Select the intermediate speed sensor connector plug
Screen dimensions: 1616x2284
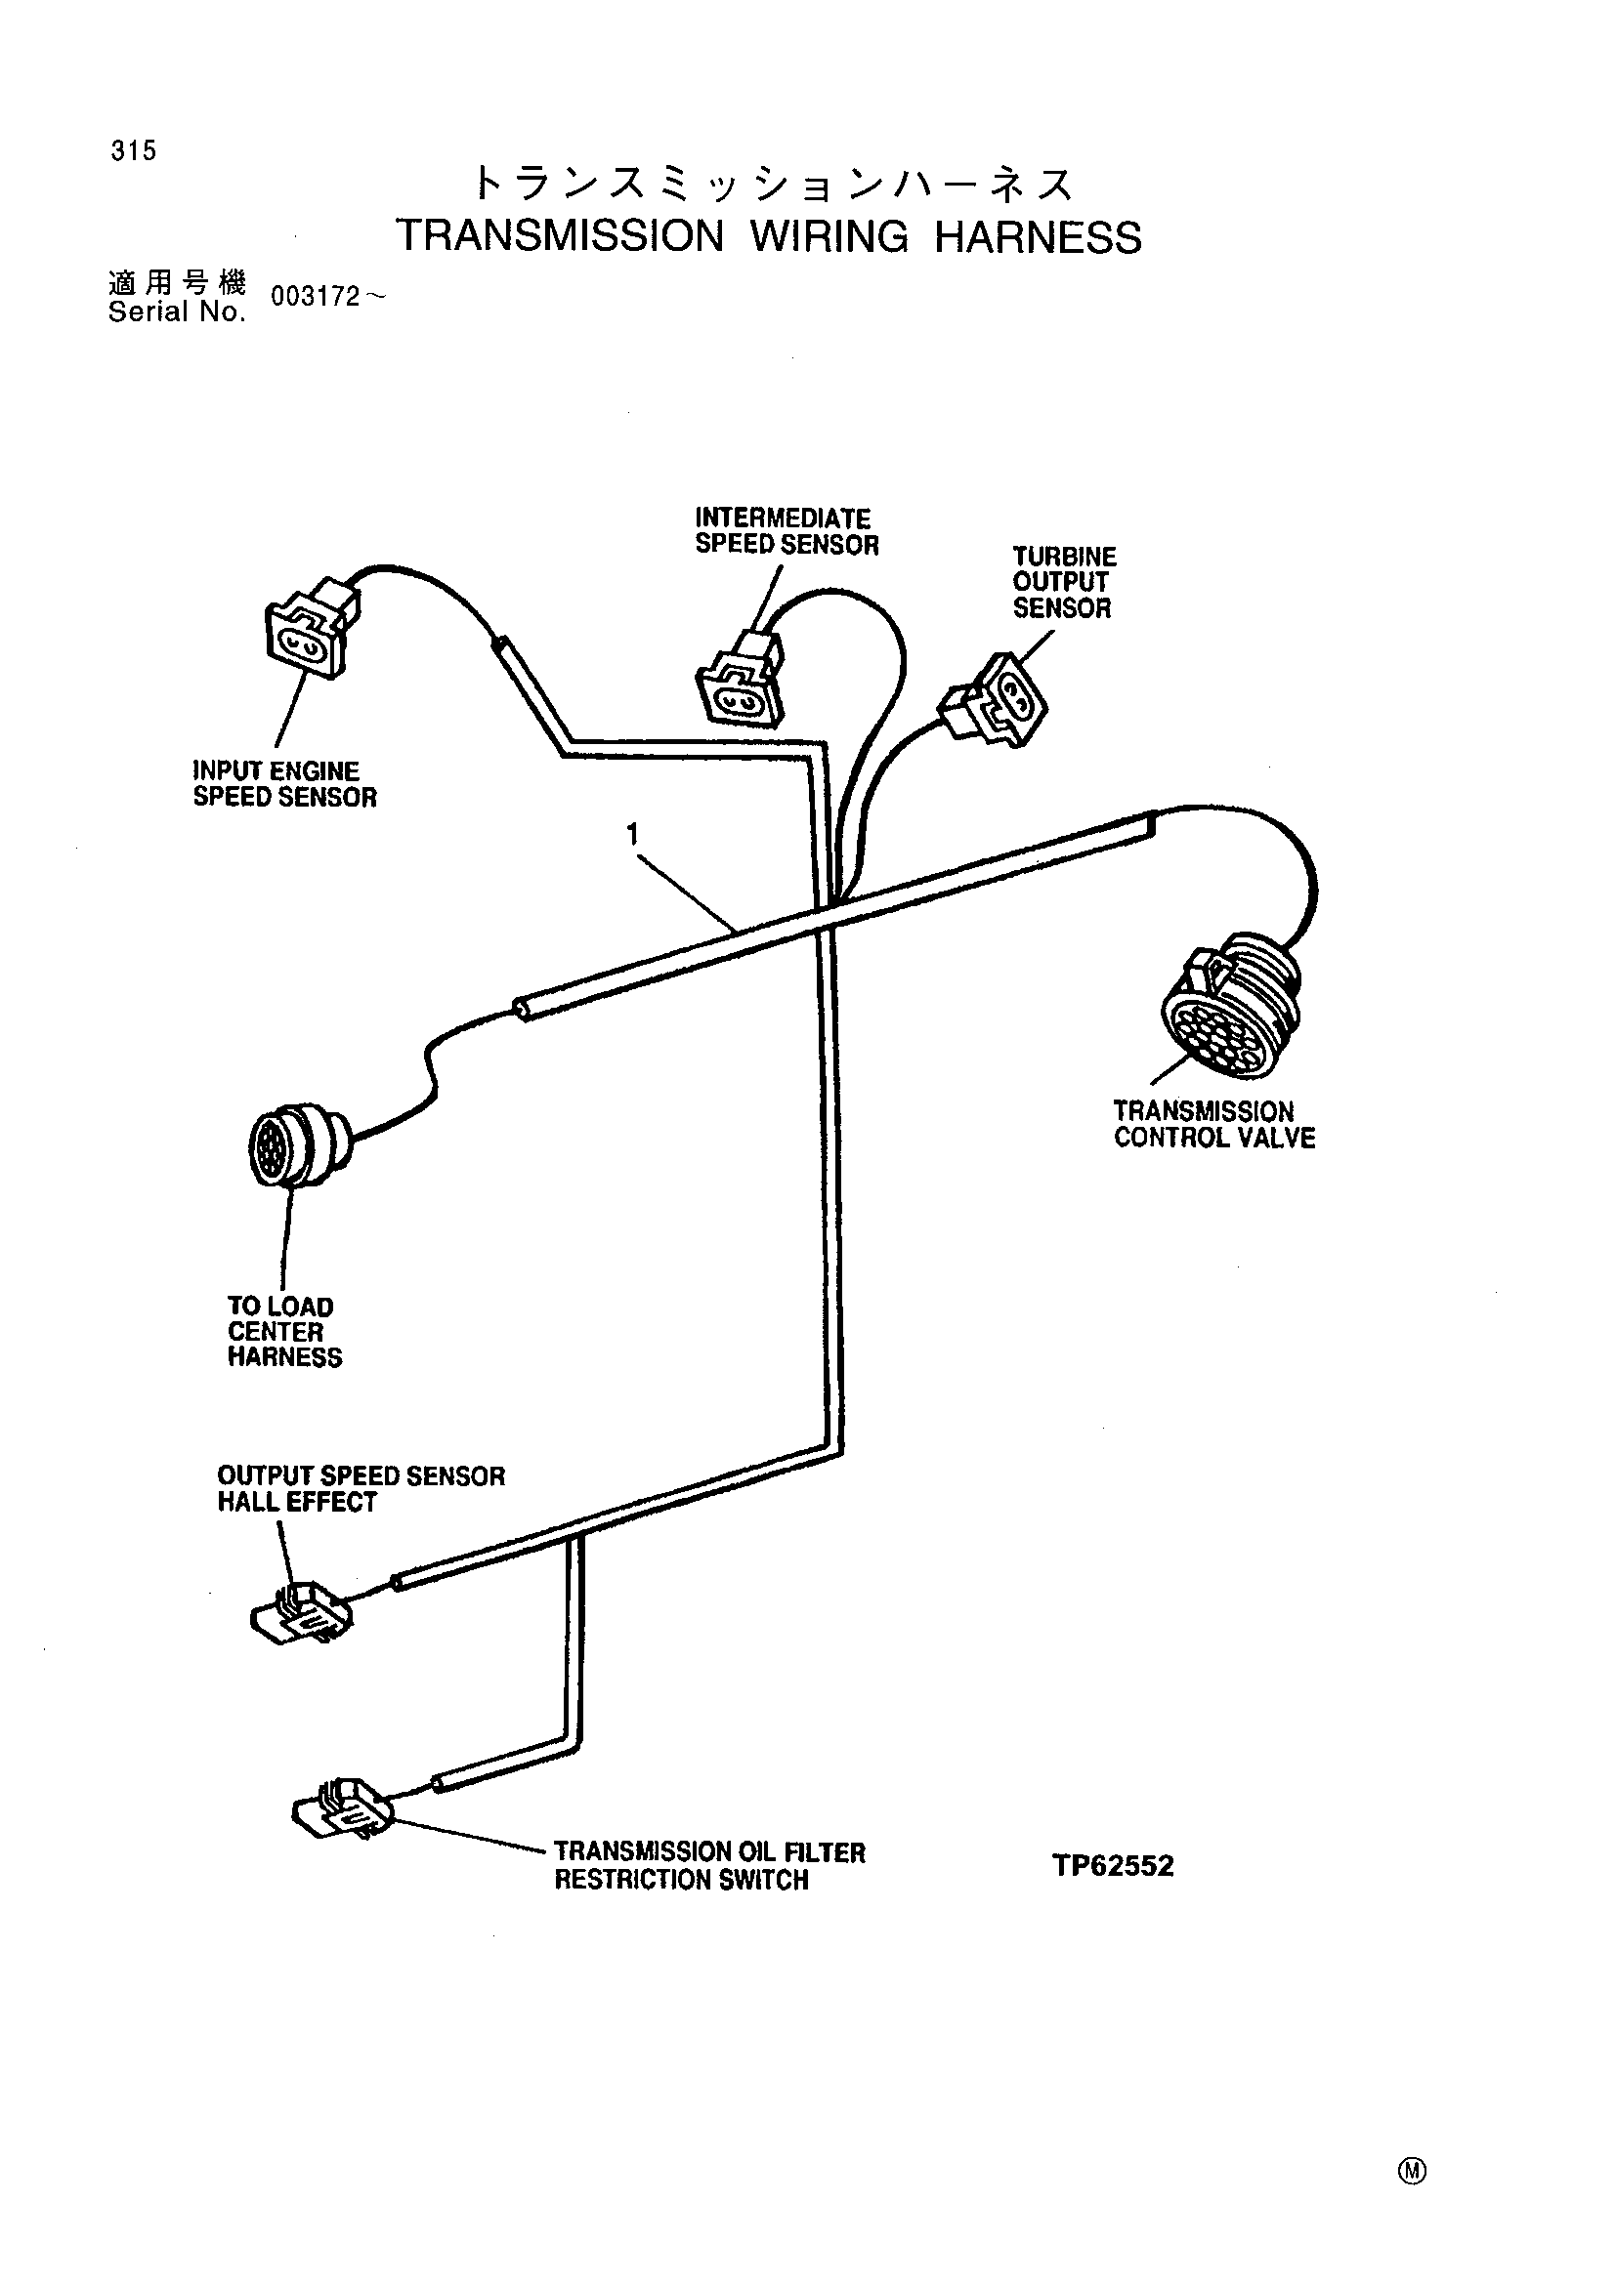742,681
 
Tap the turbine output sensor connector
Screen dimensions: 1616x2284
994,702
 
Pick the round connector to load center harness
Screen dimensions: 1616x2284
298,1145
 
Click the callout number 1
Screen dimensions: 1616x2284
632,834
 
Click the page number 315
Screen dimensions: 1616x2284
134,150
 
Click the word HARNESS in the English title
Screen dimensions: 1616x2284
1038,237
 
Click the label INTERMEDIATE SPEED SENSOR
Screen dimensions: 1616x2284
787,531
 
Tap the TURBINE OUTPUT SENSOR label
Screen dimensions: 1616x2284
1065,582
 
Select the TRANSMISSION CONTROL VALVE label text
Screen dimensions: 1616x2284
1214,1124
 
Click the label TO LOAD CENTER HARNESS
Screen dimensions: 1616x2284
284,1332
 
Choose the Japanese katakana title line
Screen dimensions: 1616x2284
773,184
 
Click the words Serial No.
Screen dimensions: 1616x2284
177,312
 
